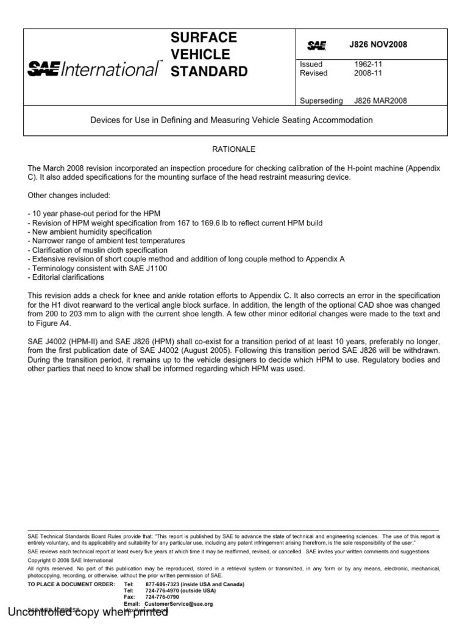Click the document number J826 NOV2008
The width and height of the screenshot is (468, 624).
click(x=378, y=45)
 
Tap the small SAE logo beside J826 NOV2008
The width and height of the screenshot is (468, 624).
click(x=316, y=45)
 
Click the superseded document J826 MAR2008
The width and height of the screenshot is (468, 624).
click(x=381, y=101)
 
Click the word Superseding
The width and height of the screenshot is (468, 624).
click(x=321, y=101)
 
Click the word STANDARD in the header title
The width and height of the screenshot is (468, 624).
click(x=209, y=72)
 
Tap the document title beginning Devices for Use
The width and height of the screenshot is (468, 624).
click(x=231, y=120)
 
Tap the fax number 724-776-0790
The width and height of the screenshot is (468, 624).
click(x=163, y=597)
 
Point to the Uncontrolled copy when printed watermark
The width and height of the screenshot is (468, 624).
click(x=88, y=612)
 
